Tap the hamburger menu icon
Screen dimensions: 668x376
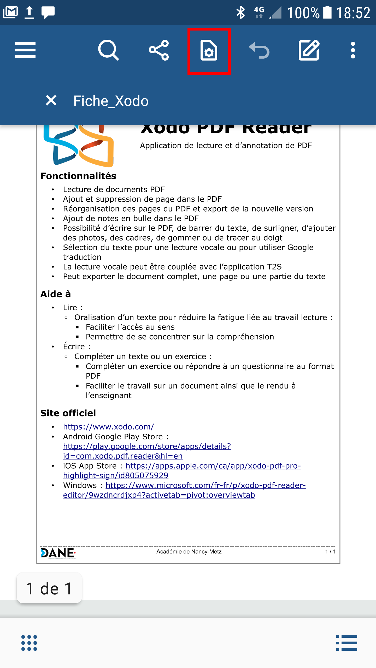[25, 50]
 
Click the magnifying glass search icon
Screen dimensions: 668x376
[108, 50]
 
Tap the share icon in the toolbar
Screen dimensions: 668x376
[159, 50]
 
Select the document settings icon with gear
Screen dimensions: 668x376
[209, 51]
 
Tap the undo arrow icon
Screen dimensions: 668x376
[259, 50]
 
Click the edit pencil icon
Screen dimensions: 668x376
[309, 50]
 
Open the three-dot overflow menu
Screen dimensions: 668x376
[353, 50]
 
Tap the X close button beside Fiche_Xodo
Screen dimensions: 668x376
[51, 100]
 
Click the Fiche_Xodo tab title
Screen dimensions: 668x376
[111, 101]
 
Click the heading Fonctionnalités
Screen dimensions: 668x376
[78, 176]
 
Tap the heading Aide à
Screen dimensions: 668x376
[56, 294]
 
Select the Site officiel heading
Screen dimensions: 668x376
[68, 413]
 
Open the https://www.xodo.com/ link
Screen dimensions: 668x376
[109, 427]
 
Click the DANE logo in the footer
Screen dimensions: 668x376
[58, 553]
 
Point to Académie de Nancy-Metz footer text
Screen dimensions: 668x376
[189, 552]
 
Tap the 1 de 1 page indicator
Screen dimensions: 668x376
[49, 588]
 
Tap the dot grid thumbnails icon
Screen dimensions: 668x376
[29, 643]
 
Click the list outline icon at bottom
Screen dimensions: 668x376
[346, 643]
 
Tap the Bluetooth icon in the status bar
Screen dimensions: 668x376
[240, 13]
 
